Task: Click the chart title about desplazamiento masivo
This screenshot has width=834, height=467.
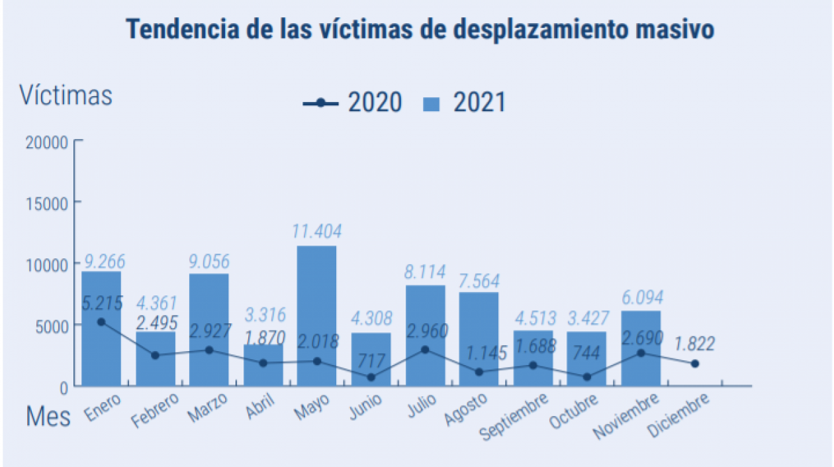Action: [x=420, y=30]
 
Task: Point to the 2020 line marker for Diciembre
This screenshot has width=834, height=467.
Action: [x=695, y=364]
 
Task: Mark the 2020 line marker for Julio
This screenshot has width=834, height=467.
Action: [x=425, y=349]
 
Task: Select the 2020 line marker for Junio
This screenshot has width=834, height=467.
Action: [x=371, y=377]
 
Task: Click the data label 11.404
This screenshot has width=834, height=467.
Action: [x=316, y=231]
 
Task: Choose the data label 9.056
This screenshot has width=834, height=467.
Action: [x=208, y=260]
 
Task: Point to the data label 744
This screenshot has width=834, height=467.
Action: [x=586, y=353]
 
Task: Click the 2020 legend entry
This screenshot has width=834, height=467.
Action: [x=352, y=103]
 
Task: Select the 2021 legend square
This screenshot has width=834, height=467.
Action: [x=432, y=103]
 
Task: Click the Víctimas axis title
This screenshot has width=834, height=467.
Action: [x=66, y=95]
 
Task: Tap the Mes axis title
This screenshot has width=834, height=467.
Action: [x=48, y=417]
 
